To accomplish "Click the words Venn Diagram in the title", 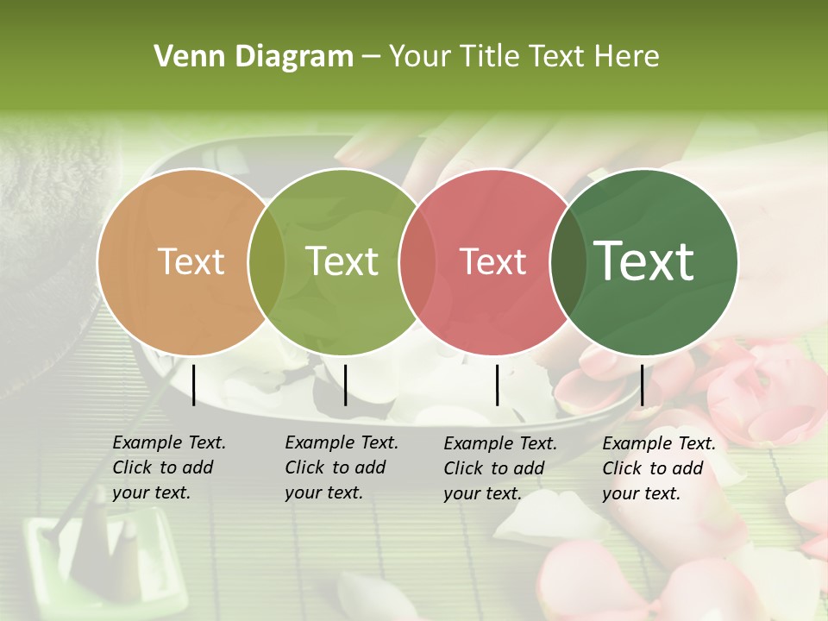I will (254, 57).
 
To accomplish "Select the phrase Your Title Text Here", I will (524, 57).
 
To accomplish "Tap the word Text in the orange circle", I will (191, 262).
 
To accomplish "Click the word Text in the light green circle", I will (342, 262).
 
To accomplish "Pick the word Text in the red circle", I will (492, 262).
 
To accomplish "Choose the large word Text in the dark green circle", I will (644, 261).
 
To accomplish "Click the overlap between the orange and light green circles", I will (267, 262).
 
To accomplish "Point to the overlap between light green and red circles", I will (417, 262).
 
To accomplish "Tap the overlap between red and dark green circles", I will (568, 262).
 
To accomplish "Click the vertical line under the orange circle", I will (194, 385).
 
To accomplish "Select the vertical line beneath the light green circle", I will (345, 385).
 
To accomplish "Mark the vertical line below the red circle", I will (497, 385).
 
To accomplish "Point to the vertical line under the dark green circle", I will (642, 385).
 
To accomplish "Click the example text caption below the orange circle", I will (169, 467).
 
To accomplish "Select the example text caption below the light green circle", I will (342, 467).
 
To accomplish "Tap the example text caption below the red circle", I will (500, 468).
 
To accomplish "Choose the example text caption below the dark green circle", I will (659, 468).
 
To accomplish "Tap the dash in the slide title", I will (371, 58).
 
